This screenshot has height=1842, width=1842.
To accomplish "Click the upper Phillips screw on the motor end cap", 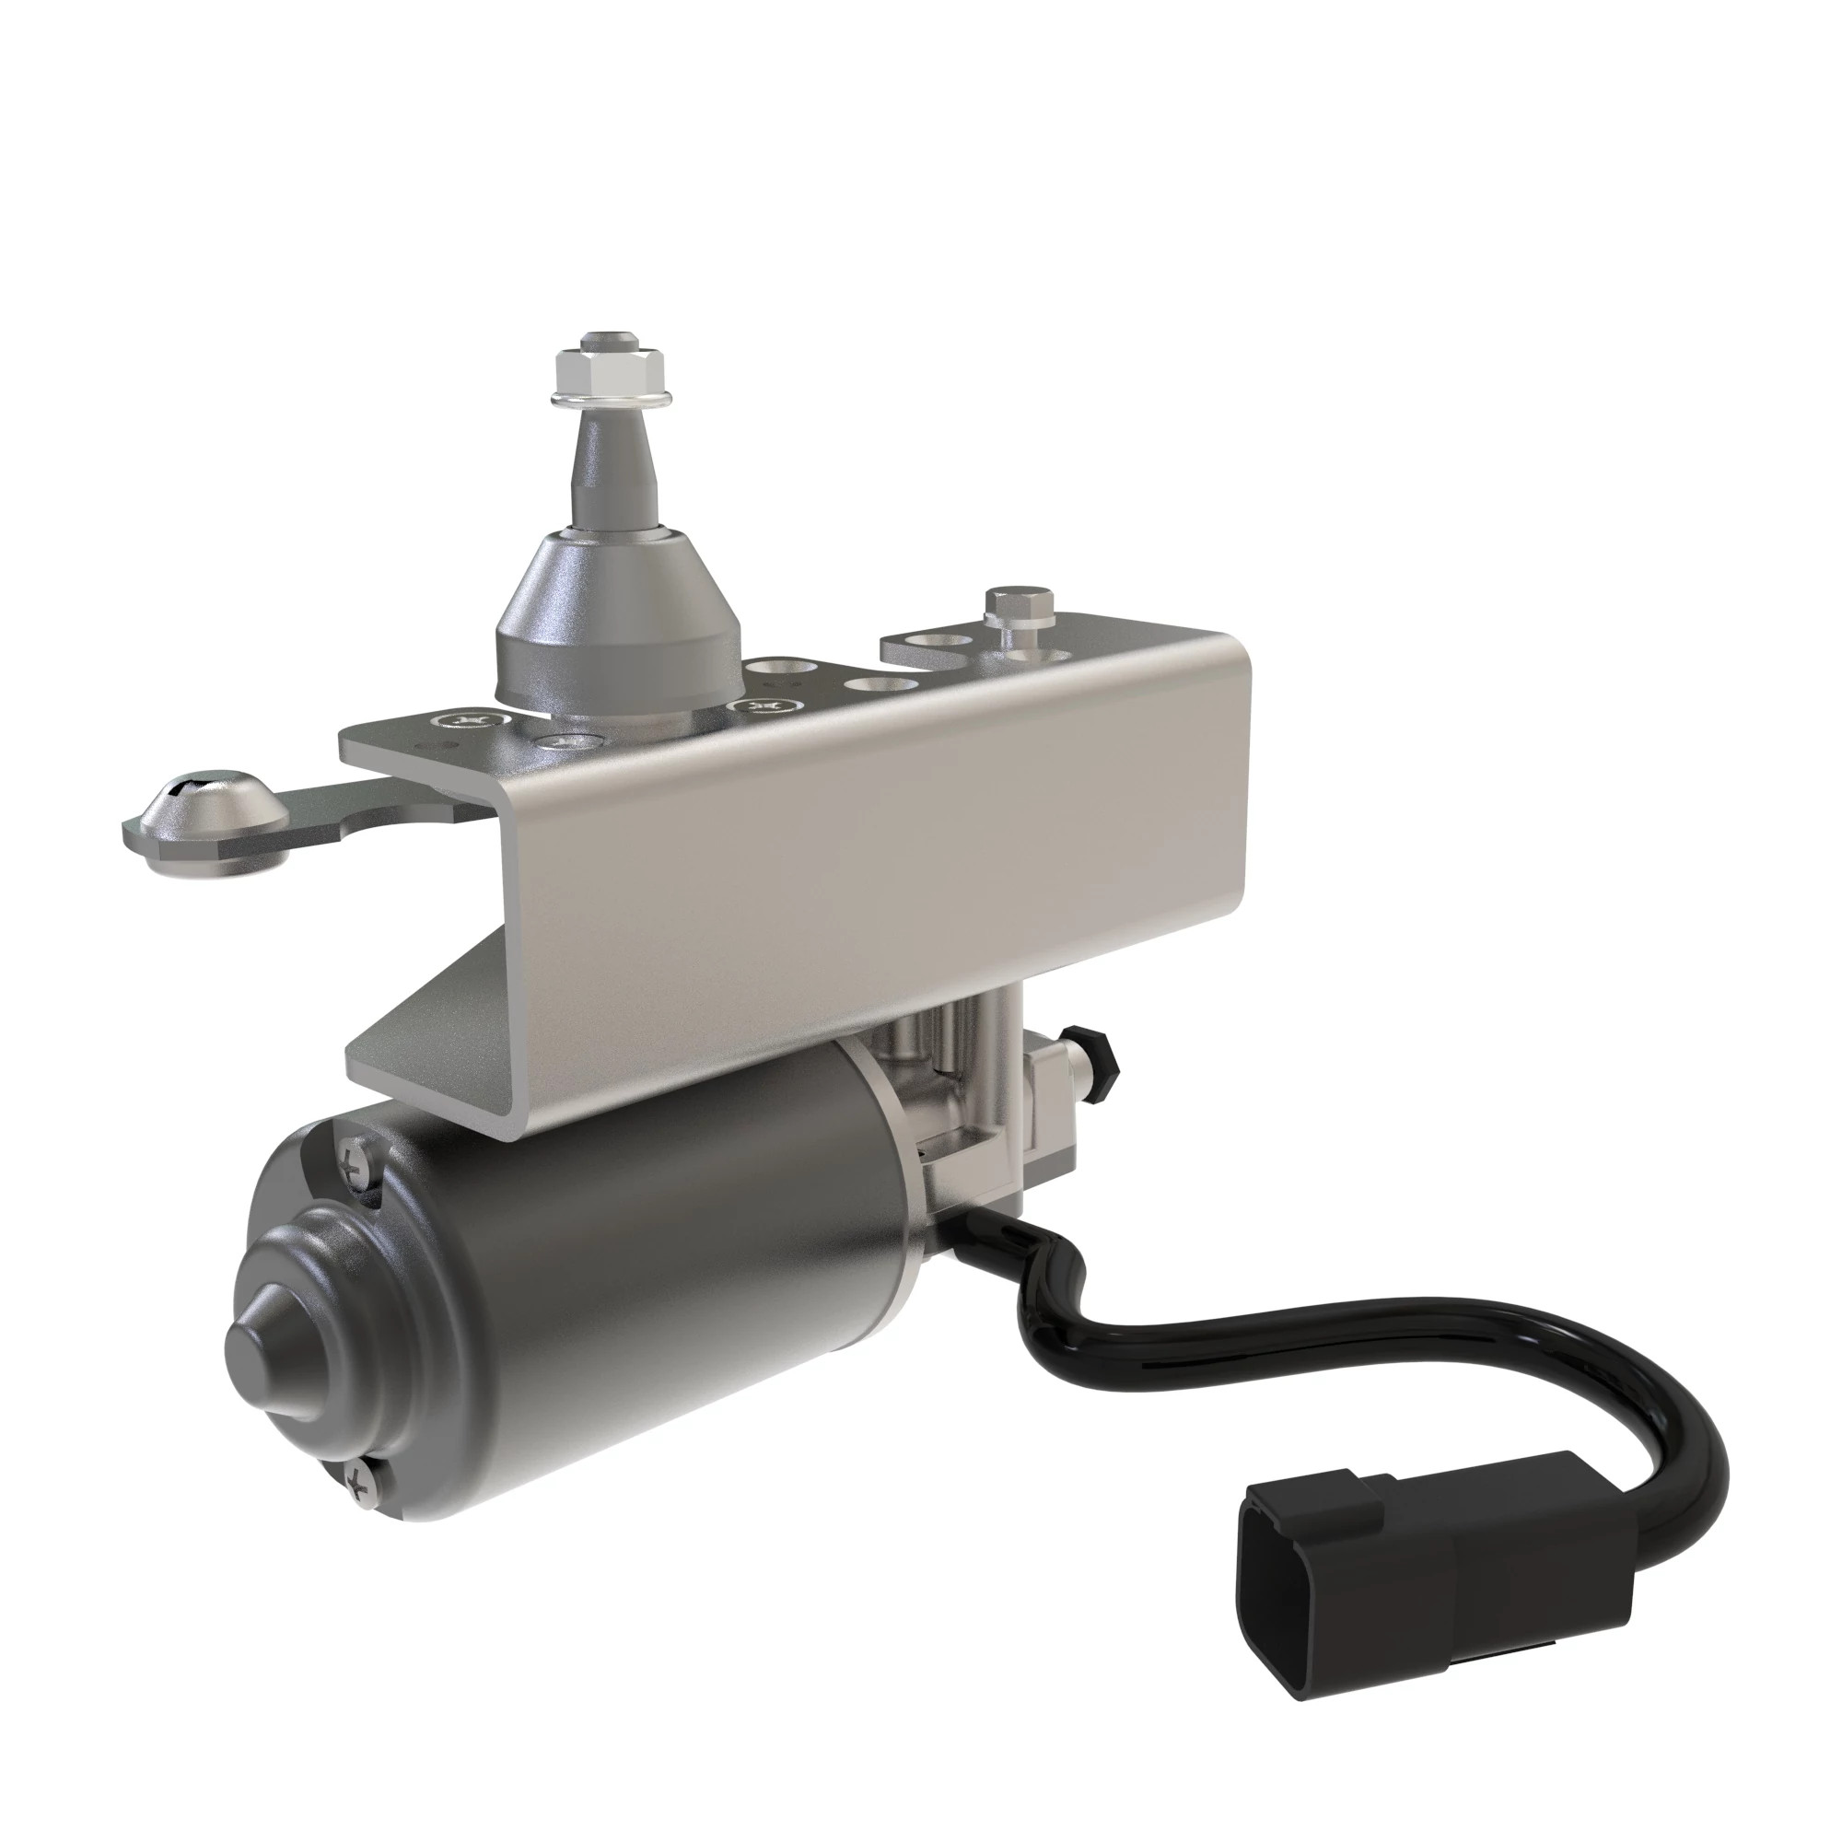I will coord(358,1164).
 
